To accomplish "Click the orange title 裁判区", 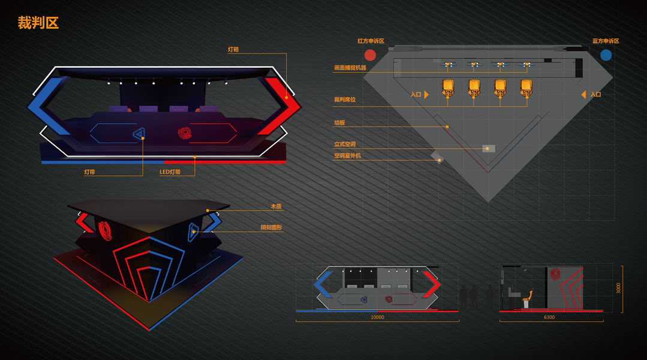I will (x=38, y=23).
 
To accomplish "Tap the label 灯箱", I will (x=233, y=50).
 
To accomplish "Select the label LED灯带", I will (x=169, y=172).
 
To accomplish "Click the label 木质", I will (x=276, y=206).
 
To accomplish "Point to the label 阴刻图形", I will (x=271, y=228).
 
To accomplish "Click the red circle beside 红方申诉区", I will (x=370, y=55).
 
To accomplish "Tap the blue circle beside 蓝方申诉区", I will (x=606, y=55).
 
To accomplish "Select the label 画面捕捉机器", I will (x=350, y=68).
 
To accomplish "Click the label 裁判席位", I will (x=345, y=100).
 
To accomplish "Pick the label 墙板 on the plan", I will (x=339, y=123).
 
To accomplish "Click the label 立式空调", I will (x=345, y=145).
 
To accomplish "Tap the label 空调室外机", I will (x=347, y=156).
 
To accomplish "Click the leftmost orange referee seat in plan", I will (x=447, y=88).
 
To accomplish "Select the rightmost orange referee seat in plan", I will (x=526, y=88).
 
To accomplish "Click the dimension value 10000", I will (x=377, y=317).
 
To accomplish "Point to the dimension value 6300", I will (x=549, y=317).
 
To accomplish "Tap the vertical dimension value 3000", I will (x=618, y=288).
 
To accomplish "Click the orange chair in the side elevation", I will (x=528, y=297).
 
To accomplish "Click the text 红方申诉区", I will (x=371, y=41).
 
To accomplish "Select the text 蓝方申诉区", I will (x=605, y=41).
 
